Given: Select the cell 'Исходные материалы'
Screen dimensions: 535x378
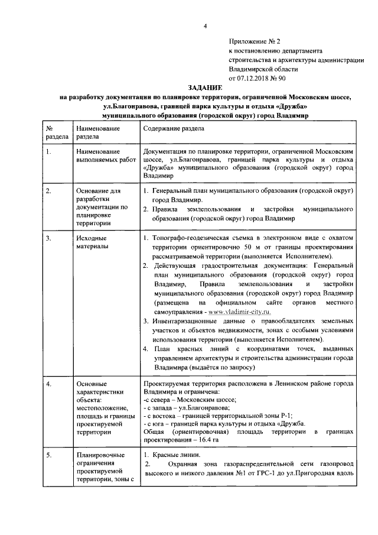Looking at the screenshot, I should pyautogui.click(x=92, y=242).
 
